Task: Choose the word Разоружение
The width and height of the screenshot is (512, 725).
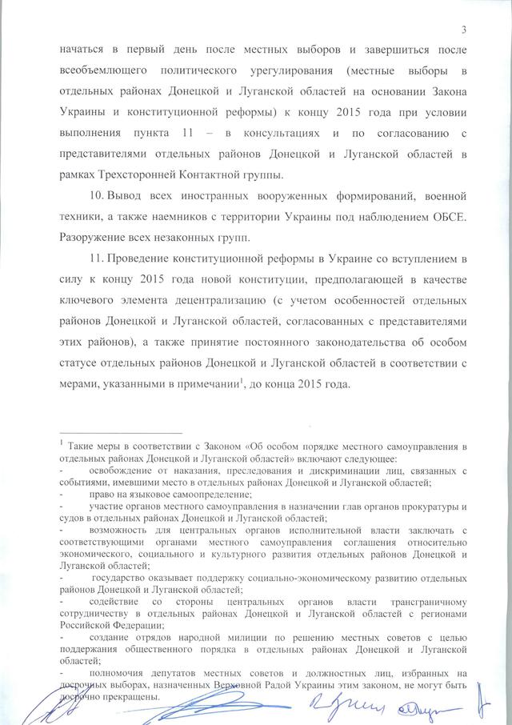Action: [93, 237]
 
